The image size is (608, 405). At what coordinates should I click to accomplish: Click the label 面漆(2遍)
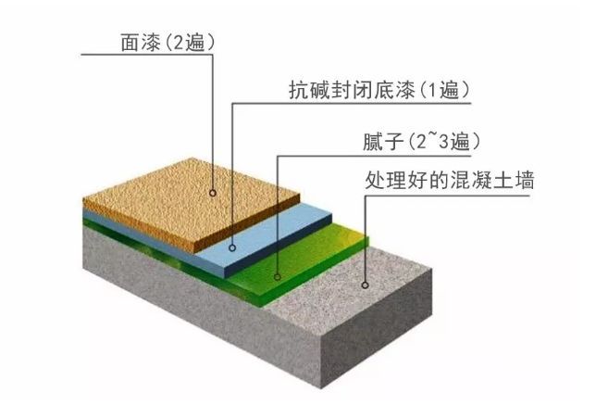tap(168, 43)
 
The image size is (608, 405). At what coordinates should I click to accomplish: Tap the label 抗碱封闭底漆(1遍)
tap(379, 90)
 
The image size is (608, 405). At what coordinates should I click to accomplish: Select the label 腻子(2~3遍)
tap(421, 142)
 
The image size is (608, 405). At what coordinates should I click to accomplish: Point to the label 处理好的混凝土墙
tap(450, 180)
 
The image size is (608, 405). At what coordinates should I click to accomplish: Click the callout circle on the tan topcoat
tap(213, 193)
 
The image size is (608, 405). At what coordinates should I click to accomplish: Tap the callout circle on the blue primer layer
tap(232, 247)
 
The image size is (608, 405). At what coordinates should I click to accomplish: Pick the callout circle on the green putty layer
tap(278, 277)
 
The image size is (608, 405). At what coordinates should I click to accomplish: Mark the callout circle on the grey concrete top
tap(365, 285)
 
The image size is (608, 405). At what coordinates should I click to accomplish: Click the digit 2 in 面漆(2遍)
tap(178, 43)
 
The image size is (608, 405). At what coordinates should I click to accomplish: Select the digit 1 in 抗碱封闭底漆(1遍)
tap(432, 90)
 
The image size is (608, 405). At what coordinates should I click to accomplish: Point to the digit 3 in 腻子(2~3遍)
tap(443, 142)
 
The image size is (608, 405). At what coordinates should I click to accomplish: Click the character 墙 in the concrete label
tap(525, 180)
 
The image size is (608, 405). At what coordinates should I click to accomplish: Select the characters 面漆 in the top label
tap(141, 43)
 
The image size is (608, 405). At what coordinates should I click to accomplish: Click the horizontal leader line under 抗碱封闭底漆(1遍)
tap(352, 104)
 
